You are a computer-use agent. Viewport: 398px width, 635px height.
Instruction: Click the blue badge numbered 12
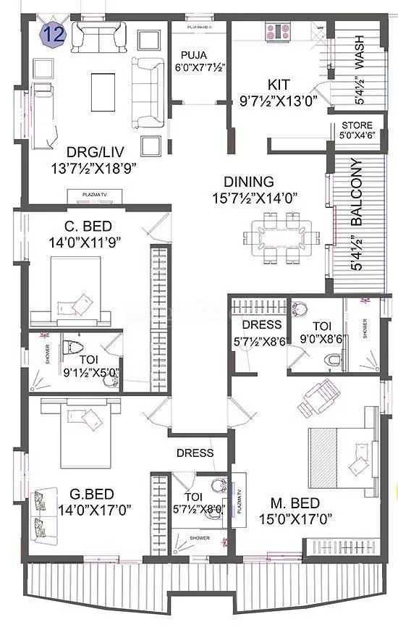[x=51, y=33]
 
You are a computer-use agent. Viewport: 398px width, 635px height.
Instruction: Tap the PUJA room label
[x=193, y=54]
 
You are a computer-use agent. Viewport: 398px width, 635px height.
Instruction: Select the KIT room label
[x=279, y=85]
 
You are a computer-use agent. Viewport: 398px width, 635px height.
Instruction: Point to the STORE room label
[x=356, y=125]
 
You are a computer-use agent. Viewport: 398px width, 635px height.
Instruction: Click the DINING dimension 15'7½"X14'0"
[x=258, y=198]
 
